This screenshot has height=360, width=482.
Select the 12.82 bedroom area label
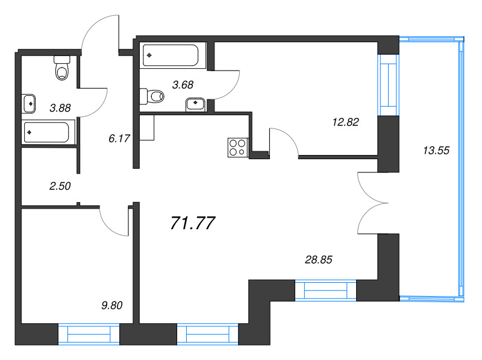click(x=345, y=122)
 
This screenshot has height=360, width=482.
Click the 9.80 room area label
click(x=111, y=305)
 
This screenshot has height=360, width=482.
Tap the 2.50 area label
click(x=60, y=186)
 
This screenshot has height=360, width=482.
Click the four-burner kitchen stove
click(x=237, y=148)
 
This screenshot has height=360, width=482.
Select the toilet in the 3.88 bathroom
click(x=62, y=68)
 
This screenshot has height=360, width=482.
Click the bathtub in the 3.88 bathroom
click(x=49, y=132)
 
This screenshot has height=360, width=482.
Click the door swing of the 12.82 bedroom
click(x=283, y=143)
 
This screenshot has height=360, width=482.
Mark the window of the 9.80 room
click(x=89, y=333)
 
